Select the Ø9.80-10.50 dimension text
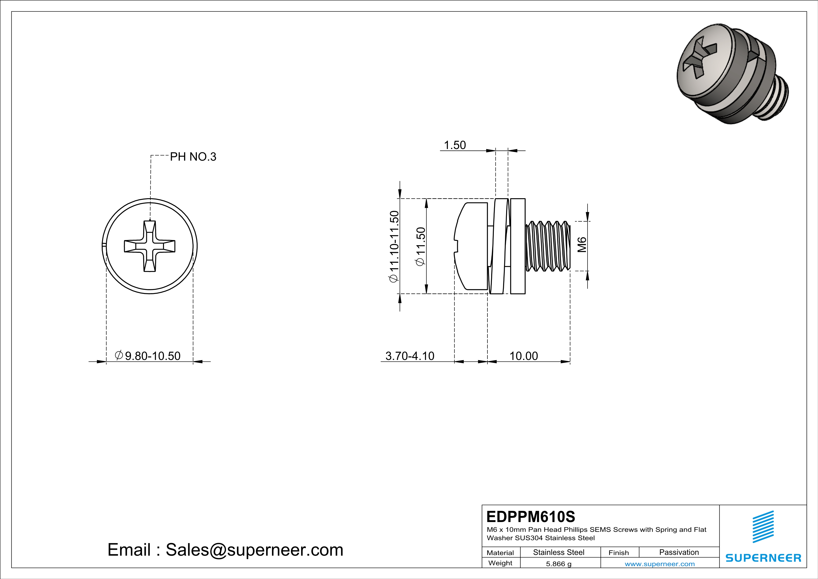148,356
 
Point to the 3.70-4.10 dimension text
410,356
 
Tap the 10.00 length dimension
523,356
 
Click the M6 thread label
582,245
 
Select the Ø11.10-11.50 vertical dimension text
394,246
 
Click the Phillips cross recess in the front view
150,246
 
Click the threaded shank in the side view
547,246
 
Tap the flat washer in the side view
518,246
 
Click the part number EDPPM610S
530,517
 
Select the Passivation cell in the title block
679,552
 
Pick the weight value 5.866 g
559,564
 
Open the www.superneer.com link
659,564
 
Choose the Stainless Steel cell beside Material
559,552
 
